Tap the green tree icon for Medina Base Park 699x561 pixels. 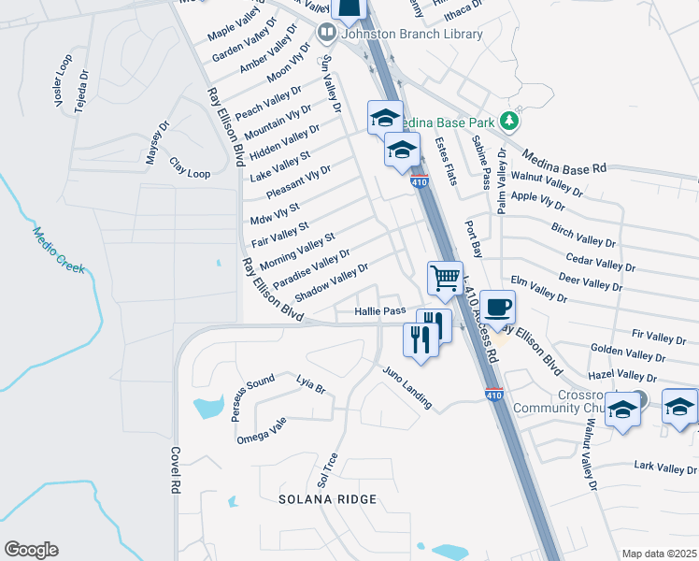click(508, 121)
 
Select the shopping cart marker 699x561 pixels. click(446, 278)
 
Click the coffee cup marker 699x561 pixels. click(498, 307)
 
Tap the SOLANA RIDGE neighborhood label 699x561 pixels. click(327, 499)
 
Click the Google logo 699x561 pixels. click(31, 549)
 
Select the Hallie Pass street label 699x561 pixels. click(379, 310)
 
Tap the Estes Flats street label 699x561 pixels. click(445, 161)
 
